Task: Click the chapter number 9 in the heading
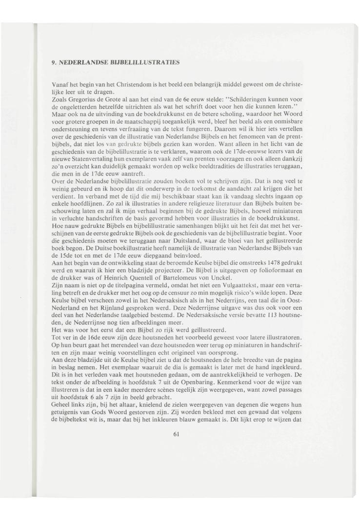pos(54,62)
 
